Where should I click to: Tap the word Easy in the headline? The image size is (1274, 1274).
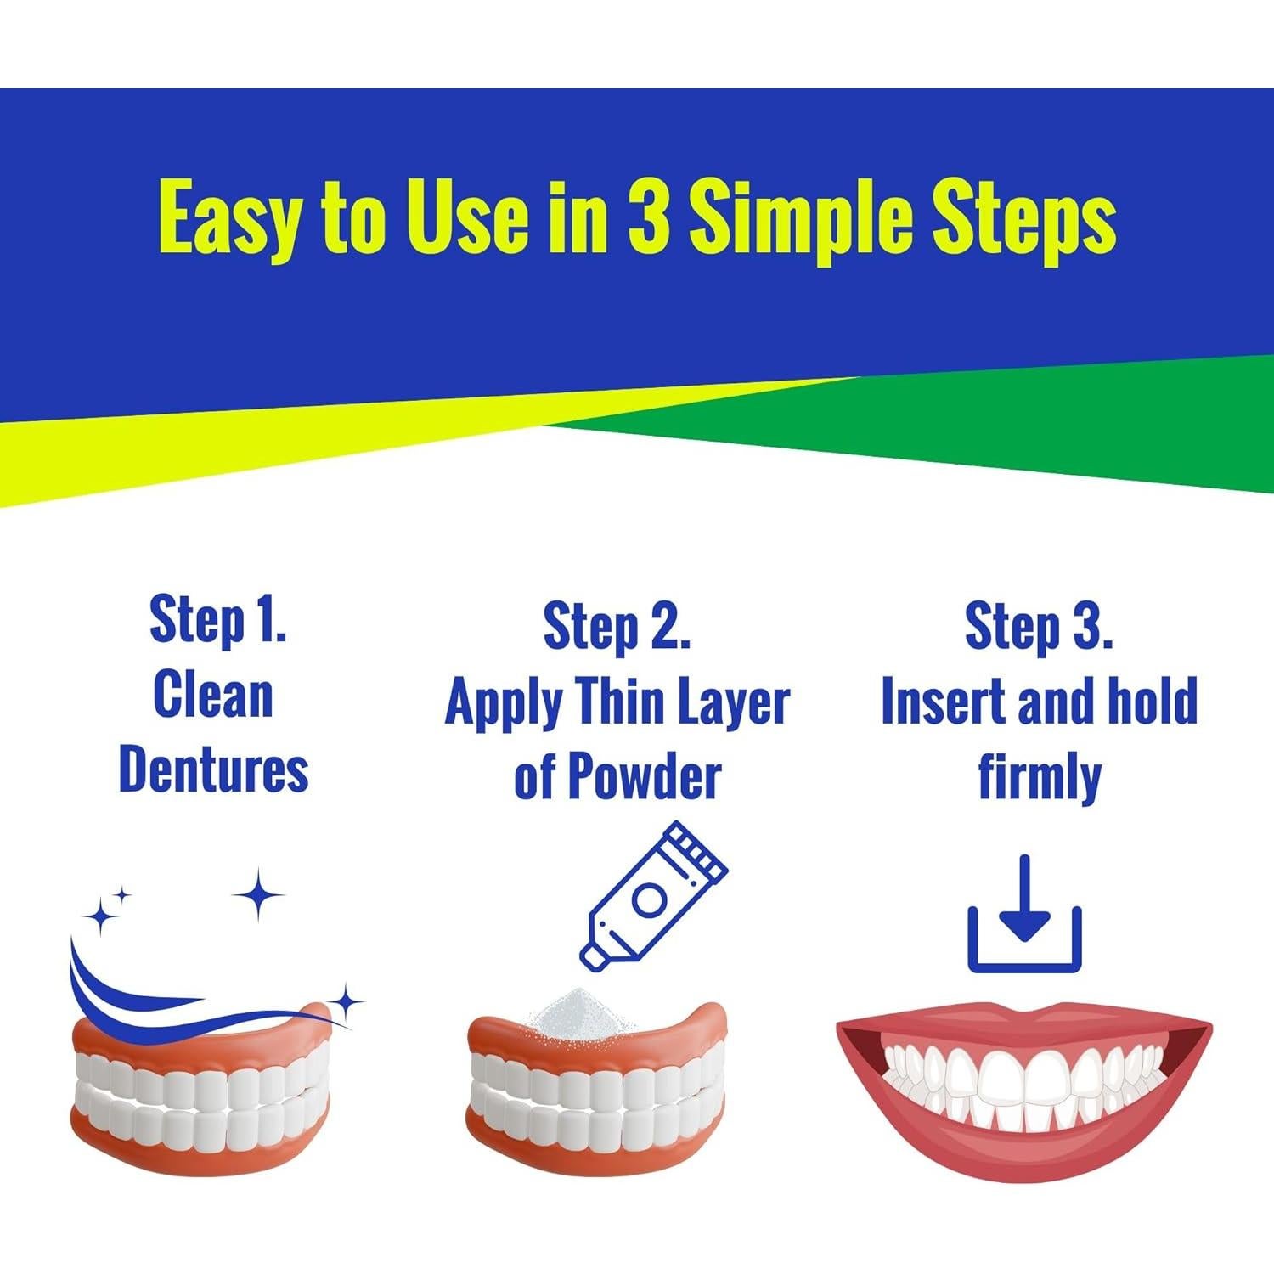tap(228, 219)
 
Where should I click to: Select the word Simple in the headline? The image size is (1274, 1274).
tap(782, 219)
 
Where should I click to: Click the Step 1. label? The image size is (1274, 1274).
tap(217, 620)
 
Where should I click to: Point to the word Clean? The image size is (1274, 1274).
tap(213, 695)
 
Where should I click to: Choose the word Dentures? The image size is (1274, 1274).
tap(213, 769)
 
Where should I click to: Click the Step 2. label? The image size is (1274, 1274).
tap(617, 628)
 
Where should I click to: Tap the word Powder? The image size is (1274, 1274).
tap(644, 776)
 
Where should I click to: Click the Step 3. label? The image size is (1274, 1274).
tap(1039, 628)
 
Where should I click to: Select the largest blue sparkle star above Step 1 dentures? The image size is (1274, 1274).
tap(258, 894)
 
